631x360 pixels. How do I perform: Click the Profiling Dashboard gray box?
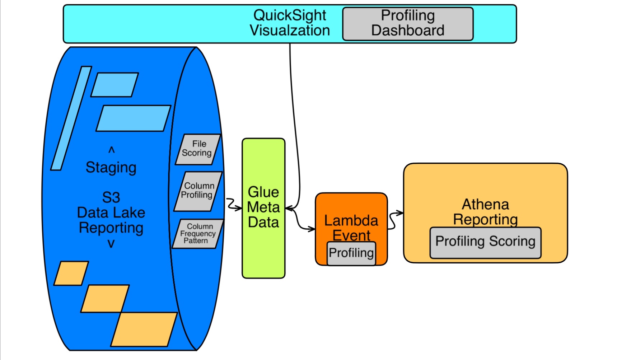pos(408,24)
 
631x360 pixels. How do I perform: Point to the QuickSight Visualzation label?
pos(290,23)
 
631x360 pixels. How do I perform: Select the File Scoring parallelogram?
pos(198,149)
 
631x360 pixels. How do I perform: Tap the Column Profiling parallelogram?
pos(198,191)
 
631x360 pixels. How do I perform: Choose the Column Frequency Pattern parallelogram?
pos(197,234)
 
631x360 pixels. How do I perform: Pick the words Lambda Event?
pos(351,228)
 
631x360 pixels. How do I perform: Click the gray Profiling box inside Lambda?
pos(351,253)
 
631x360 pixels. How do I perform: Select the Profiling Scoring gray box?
pos(485,242)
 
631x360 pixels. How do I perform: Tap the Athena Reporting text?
pos(485,212)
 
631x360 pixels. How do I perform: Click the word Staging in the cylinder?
pos(111,168)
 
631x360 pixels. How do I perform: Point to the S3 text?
pos(111,197)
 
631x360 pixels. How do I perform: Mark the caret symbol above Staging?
pos(111,150)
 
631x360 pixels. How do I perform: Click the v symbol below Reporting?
pos(111,244)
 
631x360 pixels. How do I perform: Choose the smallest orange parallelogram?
pos(71,273)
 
